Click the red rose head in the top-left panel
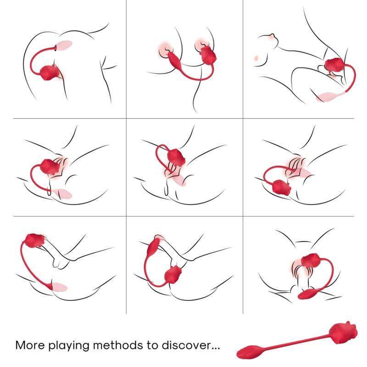point(50,72)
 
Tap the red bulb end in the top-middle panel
point(174,59)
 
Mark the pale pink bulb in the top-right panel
point(327,97)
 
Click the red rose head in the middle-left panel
point(50,167)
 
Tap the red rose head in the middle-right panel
point(281,187)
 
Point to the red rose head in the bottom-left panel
point(34,240)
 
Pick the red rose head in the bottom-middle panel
point(173,274)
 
